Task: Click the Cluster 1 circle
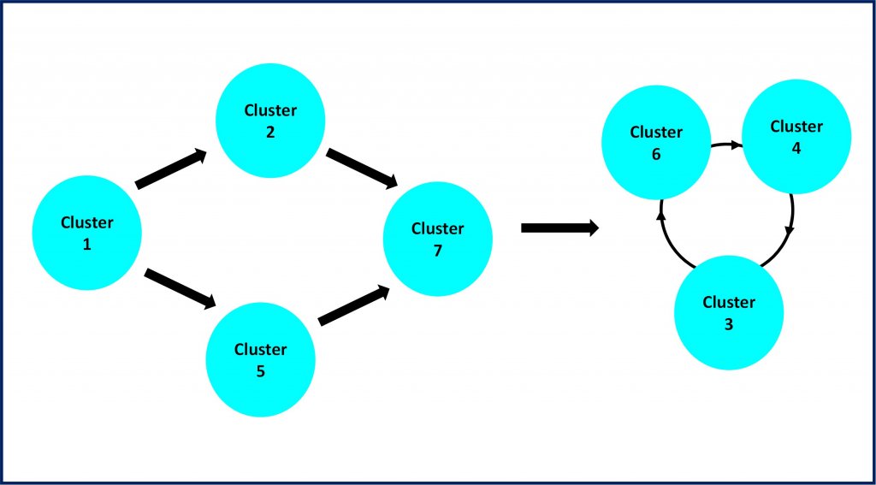pyautogui.click(x=86, y=233)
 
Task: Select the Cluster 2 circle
pyautogui.click(x=270, y=120)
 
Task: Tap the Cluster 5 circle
pyautogui.click(x=260, y=359)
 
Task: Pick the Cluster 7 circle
pyautogui.click(x=437, y=239)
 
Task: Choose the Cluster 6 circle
pyautogui.click(x=656, y=143)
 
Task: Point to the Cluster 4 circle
pyautogui.click(x=796, y=136)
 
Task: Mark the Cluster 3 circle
pyautogui.click(x=729, y=312)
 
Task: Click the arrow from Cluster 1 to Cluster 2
pyautogui.click(x=171, y=169)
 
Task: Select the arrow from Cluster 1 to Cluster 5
pyautogui.click(x=180, y=288)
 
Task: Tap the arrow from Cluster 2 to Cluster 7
pyautogui.click(x=362, y=168)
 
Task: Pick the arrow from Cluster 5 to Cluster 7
pyautogui.click(x=353, y=305)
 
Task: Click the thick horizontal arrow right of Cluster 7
pyautogui.click(x=559, y=228)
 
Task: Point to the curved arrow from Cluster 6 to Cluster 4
pyautogui.click(x=727, y=145)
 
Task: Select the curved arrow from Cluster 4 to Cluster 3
pyautogui.click(x=788, y=234)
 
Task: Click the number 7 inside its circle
pyautogui.click(x=437, y=251)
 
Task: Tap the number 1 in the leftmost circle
pyautogui.click(x=86, y=245)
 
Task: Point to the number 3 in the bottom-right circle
pyautogui.click(x=729, y=325)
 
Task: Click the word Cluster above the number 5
pyautogui.click(x=260, y=349)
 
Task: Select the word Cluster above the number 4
pyautogui.click(x=796, y=127)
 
